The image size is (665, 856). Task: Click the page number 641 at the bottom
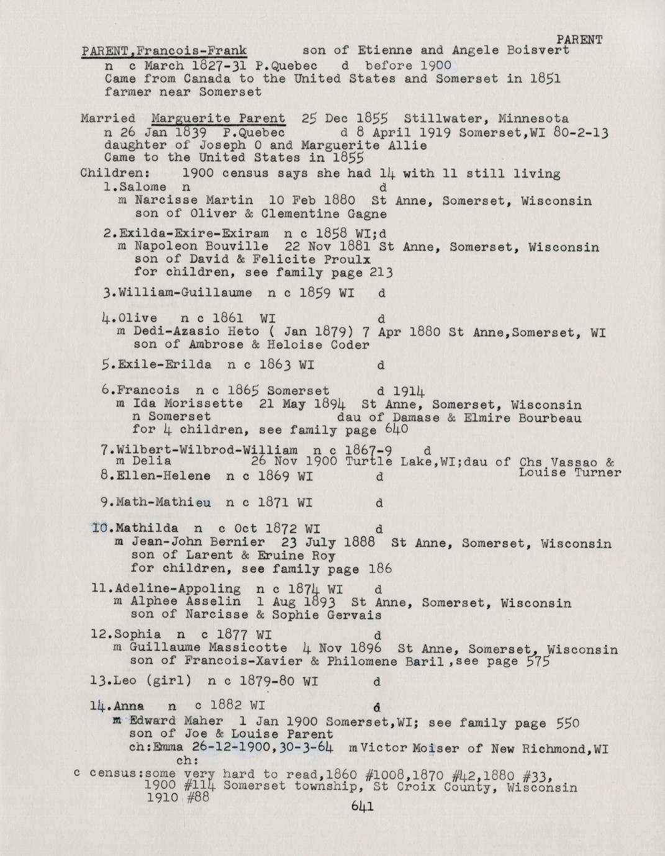[x=361, y=806]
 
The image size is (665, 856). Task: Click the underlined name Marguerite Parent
[x=218, y=118]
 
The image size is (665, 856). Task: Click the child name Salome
[x=143, y=187]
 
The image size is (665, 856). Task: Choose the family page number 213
[x=381, y=273]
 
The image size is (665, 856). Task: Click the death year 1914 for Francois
[x=409, y=391]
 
